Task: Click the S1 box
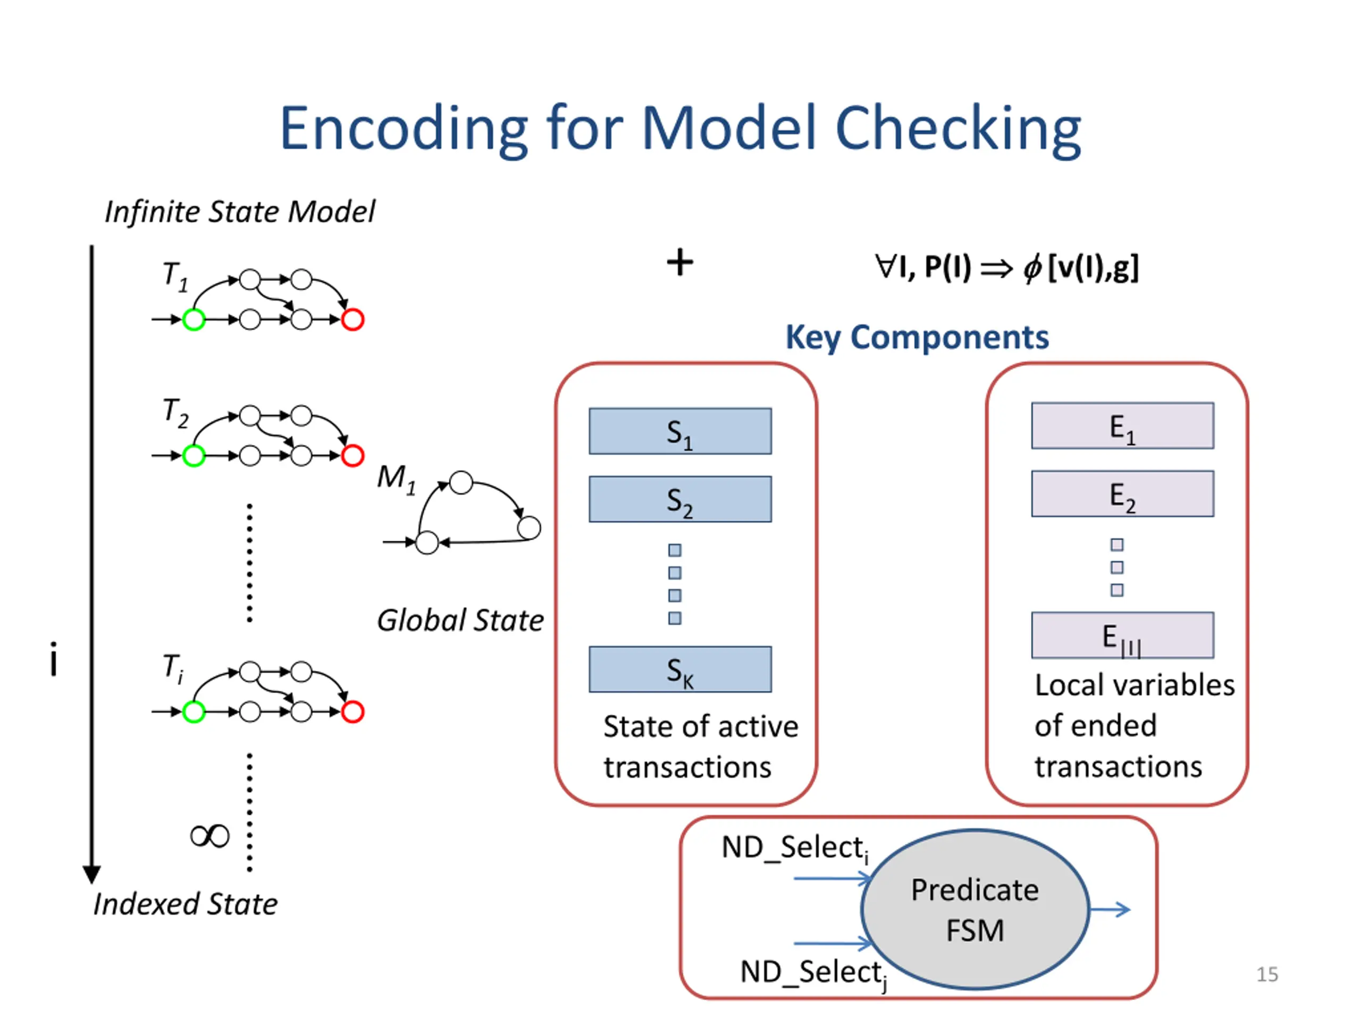[x=680, y=431]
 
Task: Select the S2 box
[x=680, y=499]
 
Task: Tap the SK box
[x=680, y=669]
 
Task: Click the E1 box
[x=1122, y=426]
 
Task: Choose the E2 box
[x=1122, y=493]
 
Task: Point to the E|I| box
[x=1122, y=635]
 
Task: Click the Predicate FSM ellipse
[x=975, y=910]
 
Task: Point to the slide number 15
[x=1267, y=974]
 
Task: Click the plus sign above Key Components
[x=680, y=263]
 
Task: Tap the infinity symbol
[x=210, y=836]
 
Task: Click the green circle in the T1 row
[x=194, y=320]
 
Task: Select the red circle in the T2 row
[x=352, y=455]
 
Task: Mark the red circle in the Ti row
[x=352, y=712]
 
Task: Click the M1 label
[x=396, y=478]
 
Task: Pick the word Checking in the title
[x=957, y=129]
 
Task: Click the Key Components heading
[x=917, y=337]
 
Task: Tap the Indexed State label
[x=185, y=904]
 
